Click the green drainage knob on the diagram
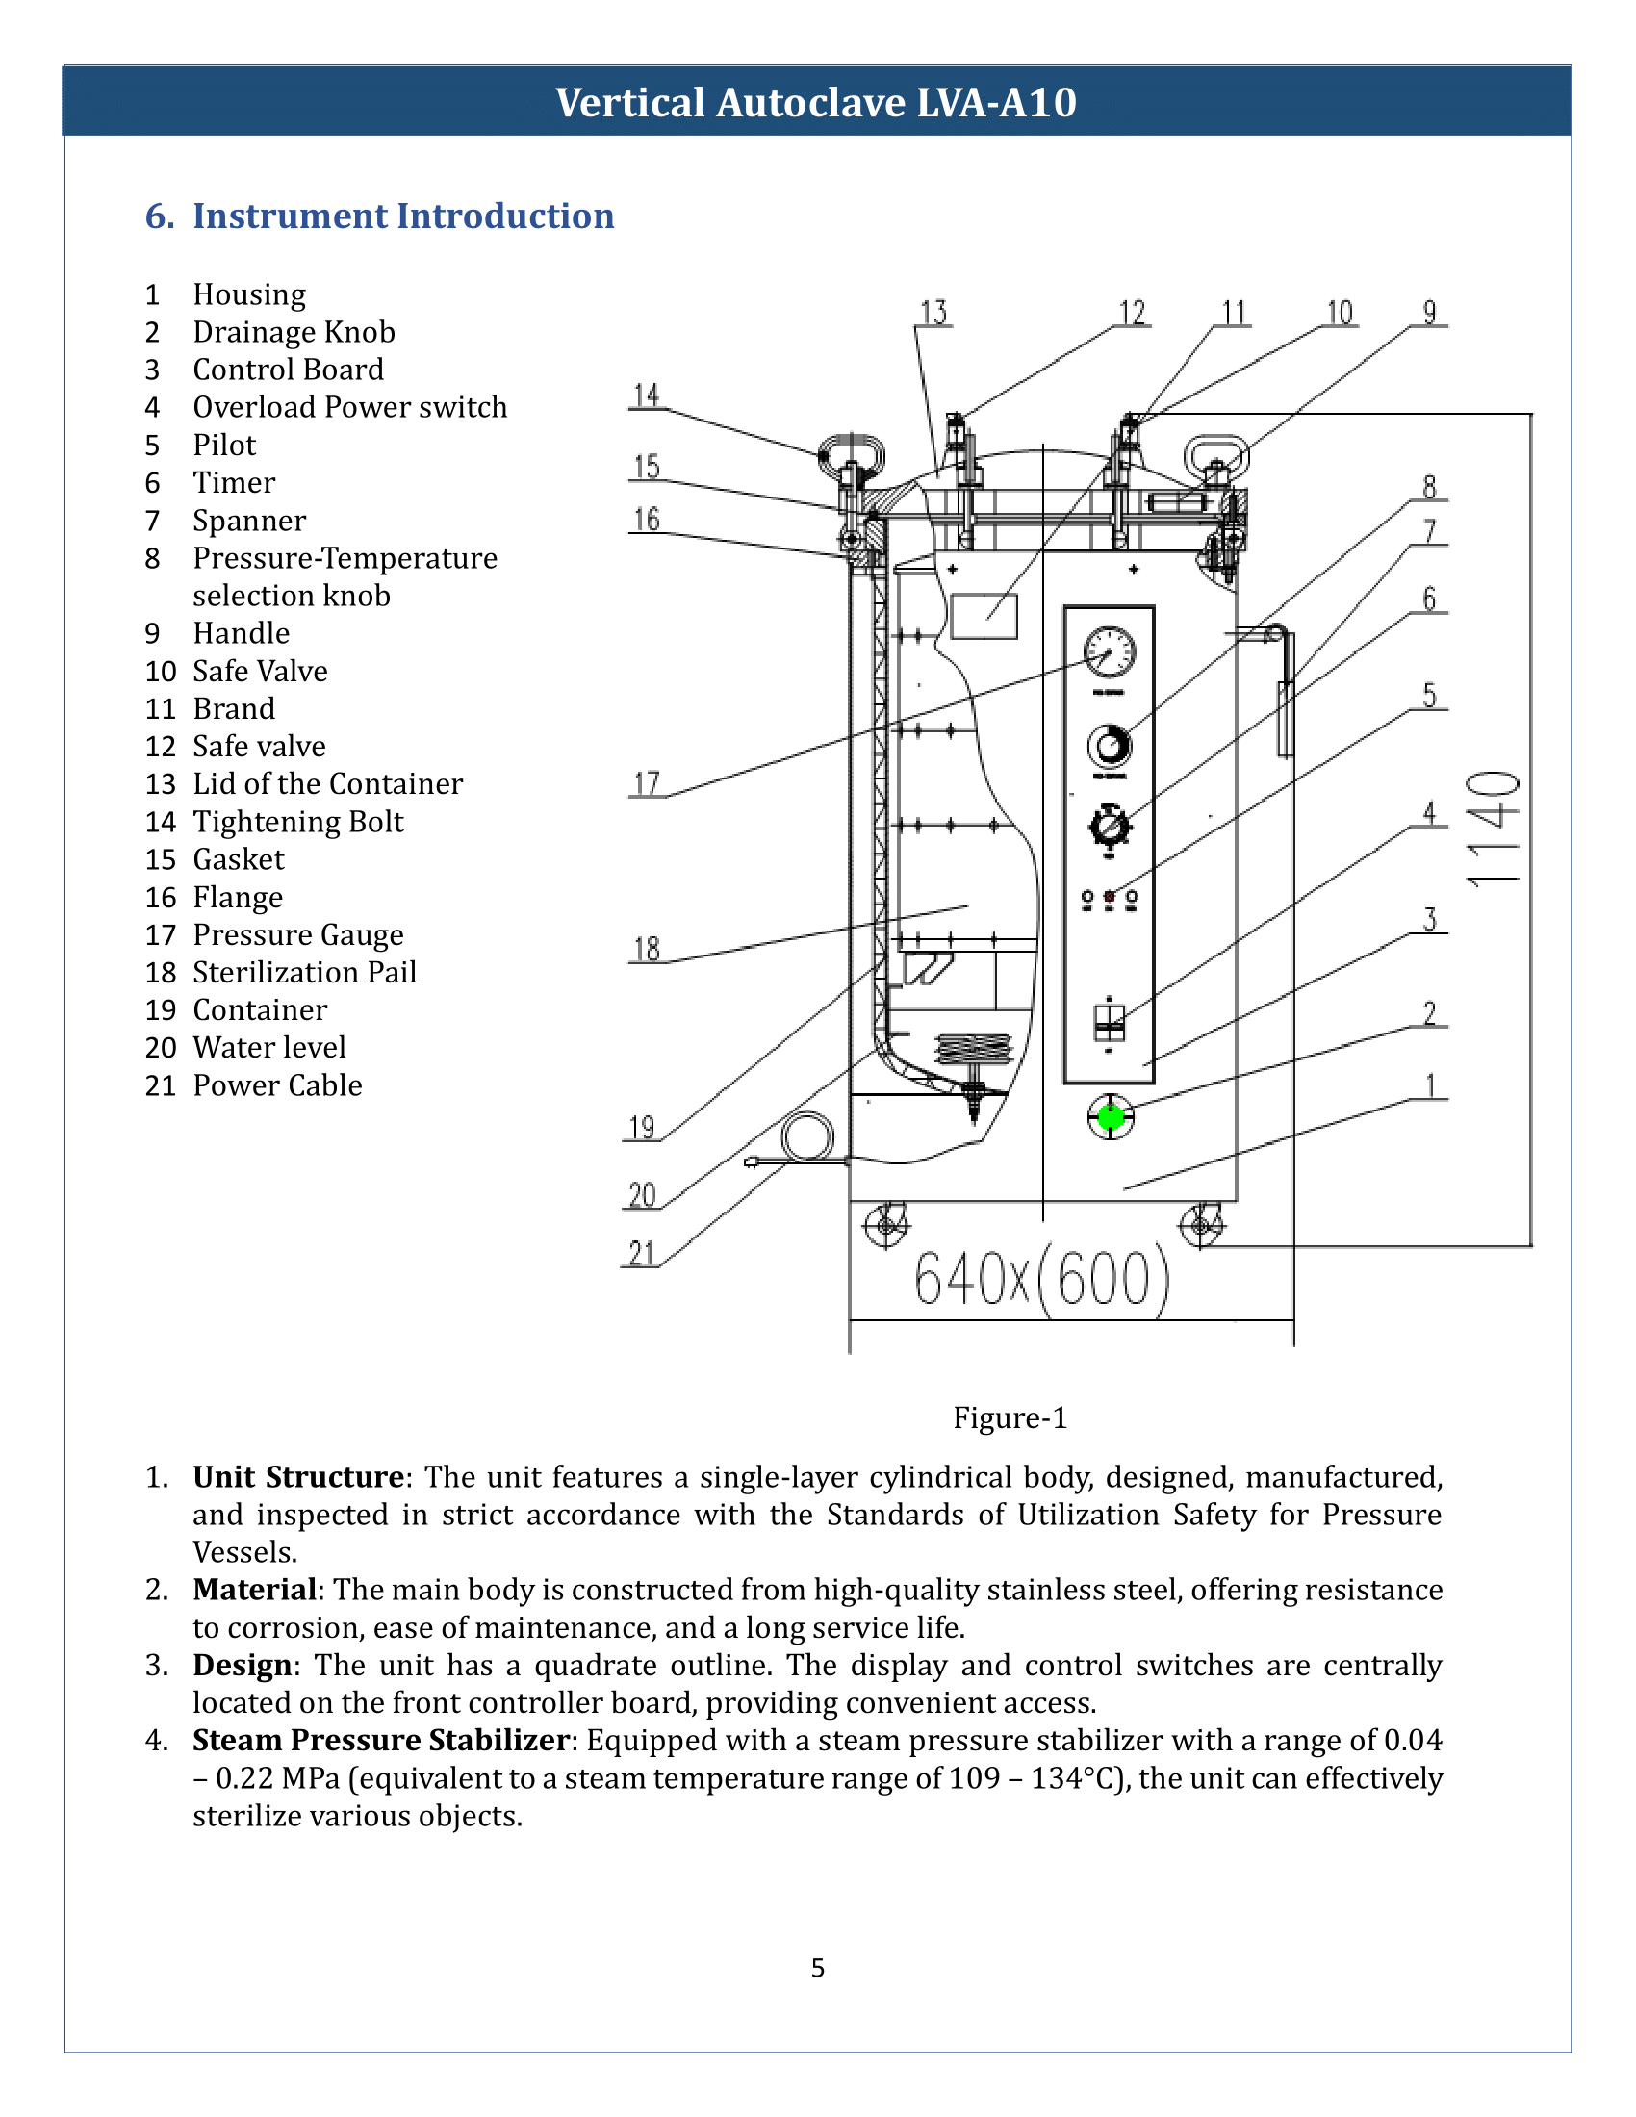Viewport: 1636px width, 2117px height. click(1111, 1116)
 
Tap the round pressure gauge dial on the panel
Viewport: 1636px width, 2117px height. click(1110, 652)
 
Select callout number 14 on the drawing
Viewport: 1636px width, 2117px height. click(647, 395)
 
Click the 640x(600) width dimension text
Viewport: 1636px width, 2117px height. click(1042, 1279)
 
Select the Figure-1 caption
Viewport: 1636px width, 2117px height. click(1010, 1418)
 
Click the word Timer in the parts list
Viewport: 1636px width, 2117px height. click(234, 483)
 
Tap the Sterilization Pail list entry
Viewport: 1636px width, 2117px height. click(304, 972)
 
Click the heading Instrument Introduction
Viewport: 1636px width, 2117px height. click(403, 217)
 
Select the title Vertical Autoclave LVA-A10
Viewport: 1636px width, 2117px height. click(816, 102)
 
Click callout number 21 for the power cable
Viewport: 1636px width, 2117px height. click(641, 1253)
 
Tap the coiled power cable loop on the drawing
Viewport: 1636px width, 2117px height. click(806, 1136)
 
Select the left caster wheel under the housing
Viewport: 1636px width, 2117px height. click(885, 1225)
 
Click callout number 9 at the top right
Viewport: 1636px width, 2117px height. click(1429, 313)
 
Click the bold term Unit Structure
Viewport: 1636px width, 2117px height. click(298, 1477)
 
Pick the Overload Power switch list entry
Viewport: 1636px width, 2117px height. click(350, 407)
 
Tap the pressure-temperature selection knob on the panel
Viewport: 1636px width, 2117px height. click(1110, 746)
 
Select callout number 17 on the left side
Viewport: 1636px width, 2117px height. click(647, 783)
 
